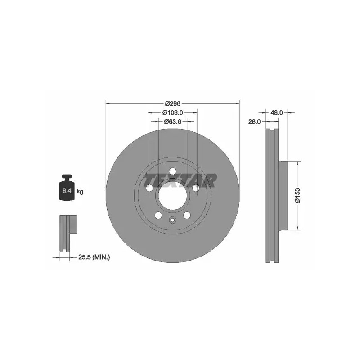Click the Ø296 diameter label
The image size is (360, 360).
point(173,103)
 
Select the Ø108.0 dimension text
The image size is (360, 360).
point(173,113)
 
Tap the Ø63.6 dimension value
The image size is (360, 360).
point(173,121)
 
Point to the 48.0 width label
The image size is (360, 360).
point(276,113)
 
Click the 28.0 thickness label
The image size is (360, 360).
point(254,121)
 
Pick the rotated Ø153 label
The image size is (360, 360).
point(297,195)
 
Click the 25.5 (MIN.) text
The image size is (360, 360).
point(94,257)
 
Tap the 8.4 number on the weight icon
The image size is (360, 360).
point(67,190)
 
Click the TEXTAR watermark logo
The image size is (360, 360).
point(180,180)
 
